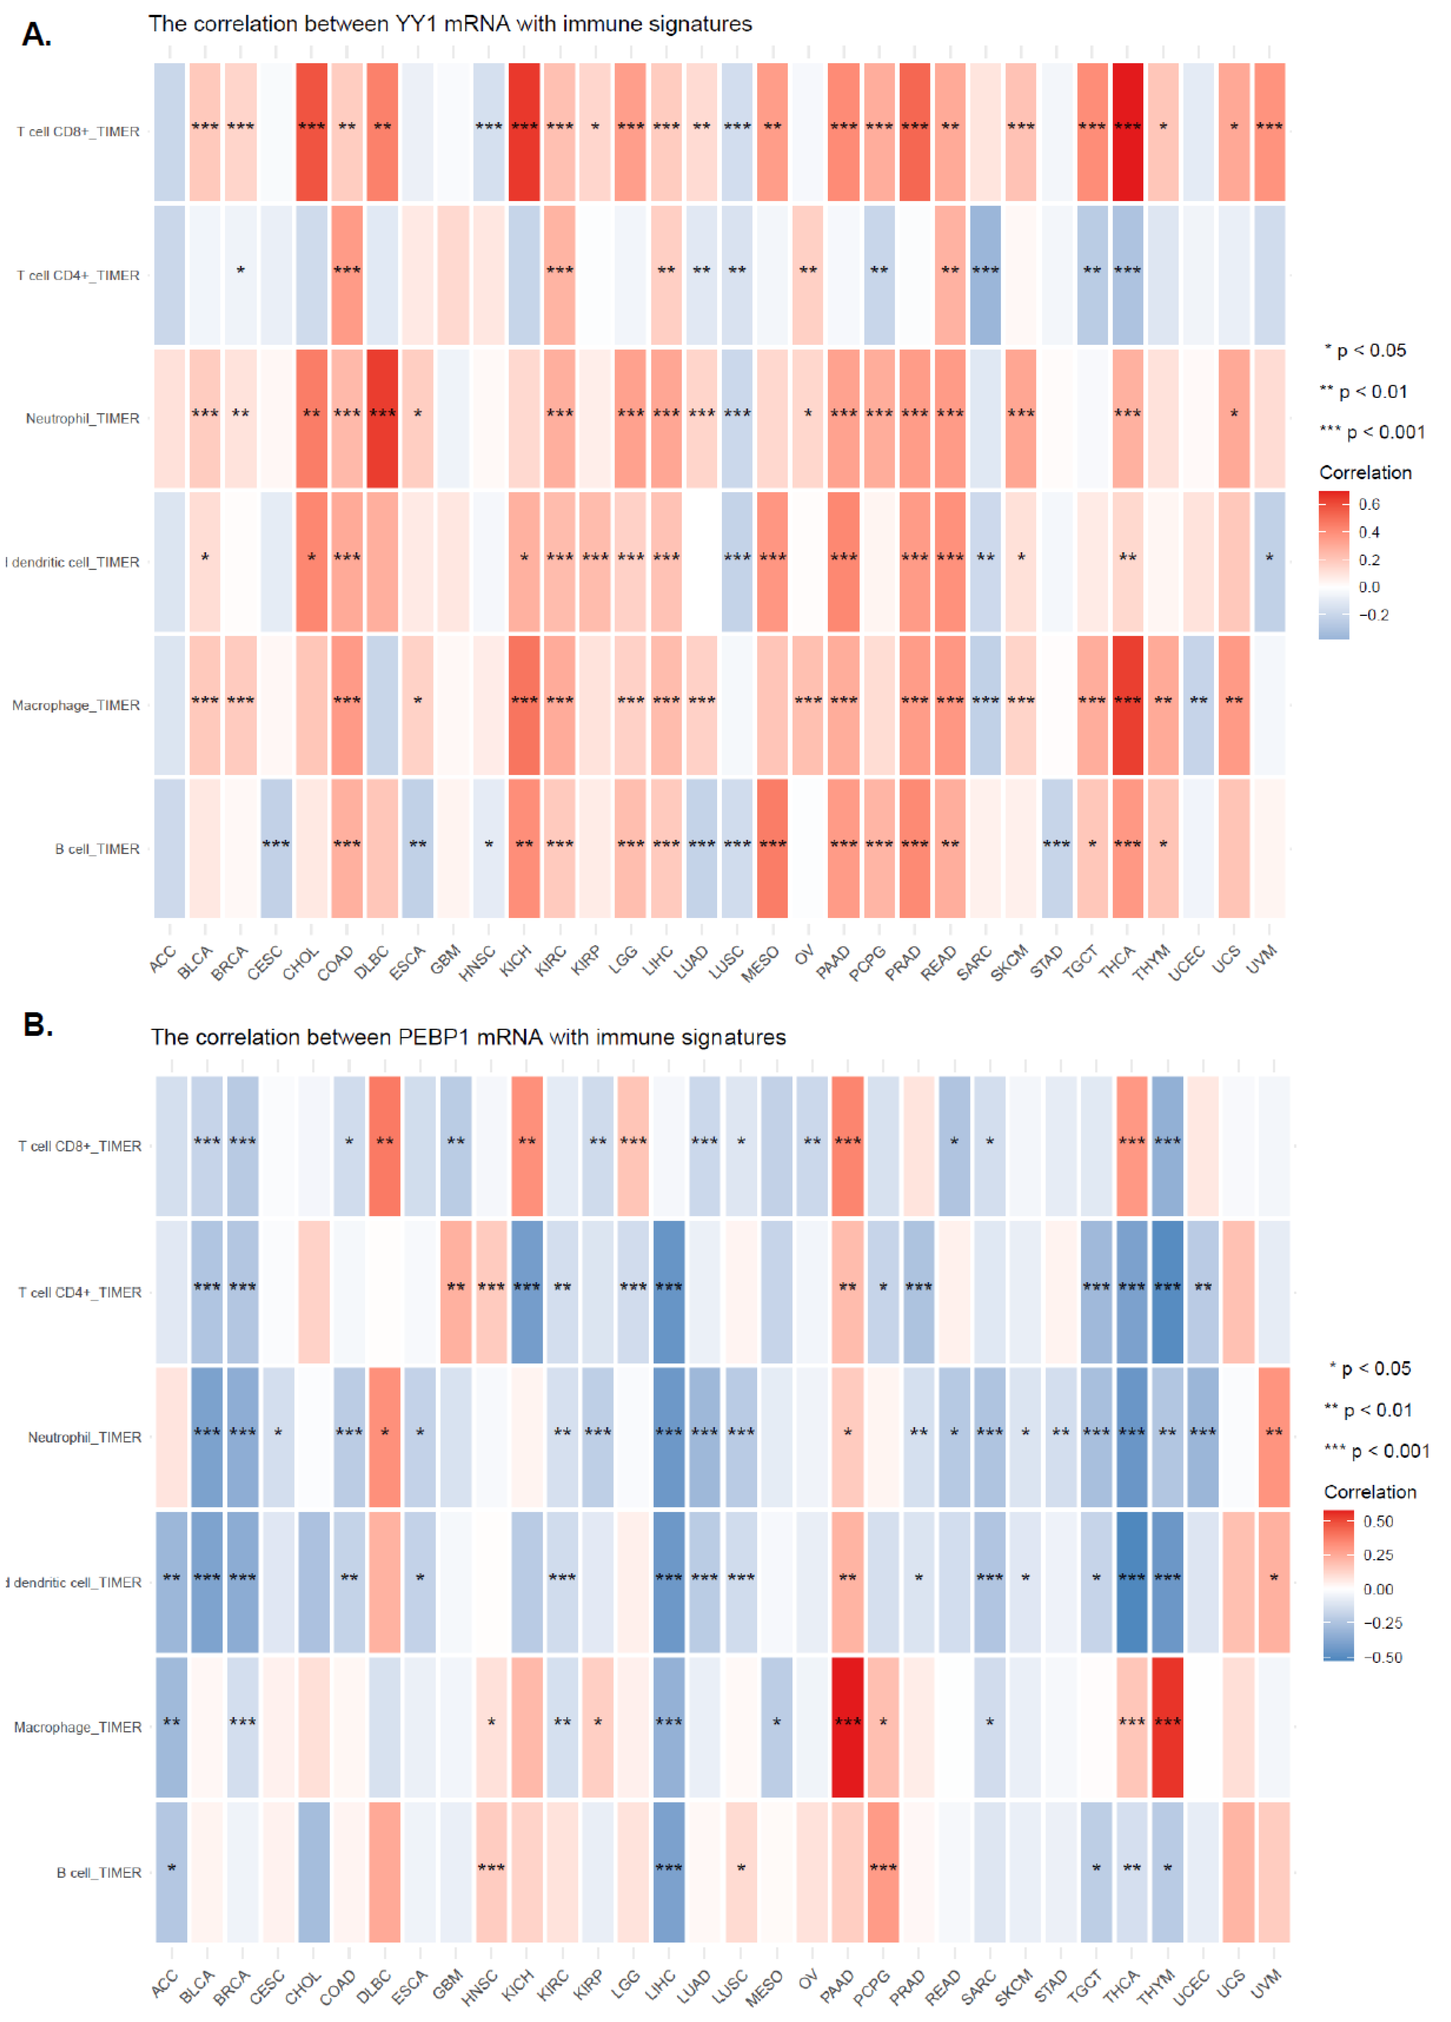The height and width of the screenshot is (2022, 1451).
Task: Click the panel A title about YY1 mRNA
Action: click(x=450, y=24)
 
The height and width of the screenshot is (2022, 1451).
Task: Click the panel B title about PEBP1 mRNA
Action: click(x=468, y=1037)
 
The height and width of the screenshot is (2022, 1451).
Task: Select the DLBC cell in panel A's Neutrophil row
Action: click(x=382, y=418)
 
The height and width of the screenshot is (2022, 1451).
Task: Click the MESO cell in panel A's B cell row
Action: click(x=772, y=848)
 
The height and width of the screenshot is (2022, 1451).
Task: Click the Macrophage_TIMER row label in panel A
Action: click(x=76, y=705)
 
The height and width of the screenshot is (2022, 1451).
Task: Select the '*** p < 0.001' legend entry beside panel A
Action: click(x=1373, y=433)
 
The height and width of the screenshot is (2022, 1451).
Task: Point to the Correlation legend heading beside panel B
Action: click(x=1370, y=1492)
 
